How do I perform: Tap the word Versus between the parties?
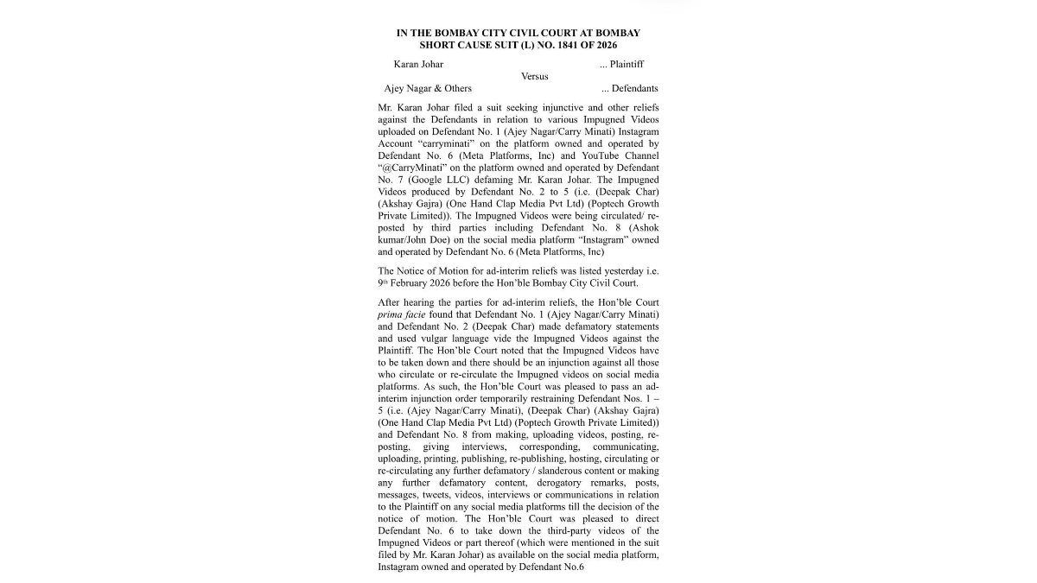534,76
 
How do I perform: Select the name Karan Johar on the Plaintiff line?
418,64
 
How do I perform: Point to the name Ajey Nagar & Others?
428,88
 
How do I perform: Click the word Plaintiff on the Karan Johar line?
627,64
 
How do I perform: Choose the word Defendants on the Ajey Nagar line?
634,88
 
